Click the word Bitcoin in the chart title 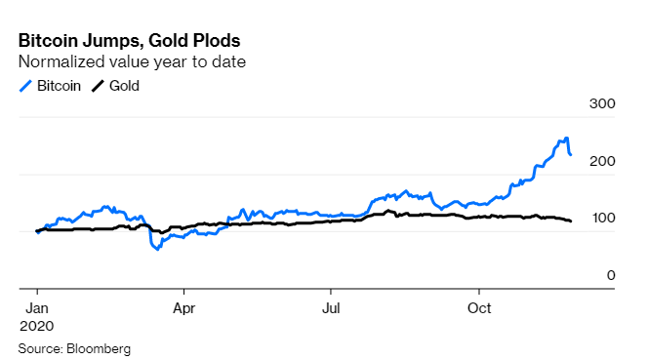pos(49,42)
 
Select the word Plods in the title pos(212,42)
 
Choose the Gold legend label pos(124,86)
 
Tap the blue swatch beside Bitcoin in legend pos(25,86)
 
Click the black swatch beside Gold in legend pos(97,86)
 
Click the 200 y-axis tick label pos(602,161)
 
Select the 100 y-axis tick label pos(602,219)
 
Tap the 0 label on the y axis pos(610,275)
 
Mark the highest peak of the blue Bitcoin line pos(566,139)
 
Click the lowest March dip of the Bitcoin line pos(156,250)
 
